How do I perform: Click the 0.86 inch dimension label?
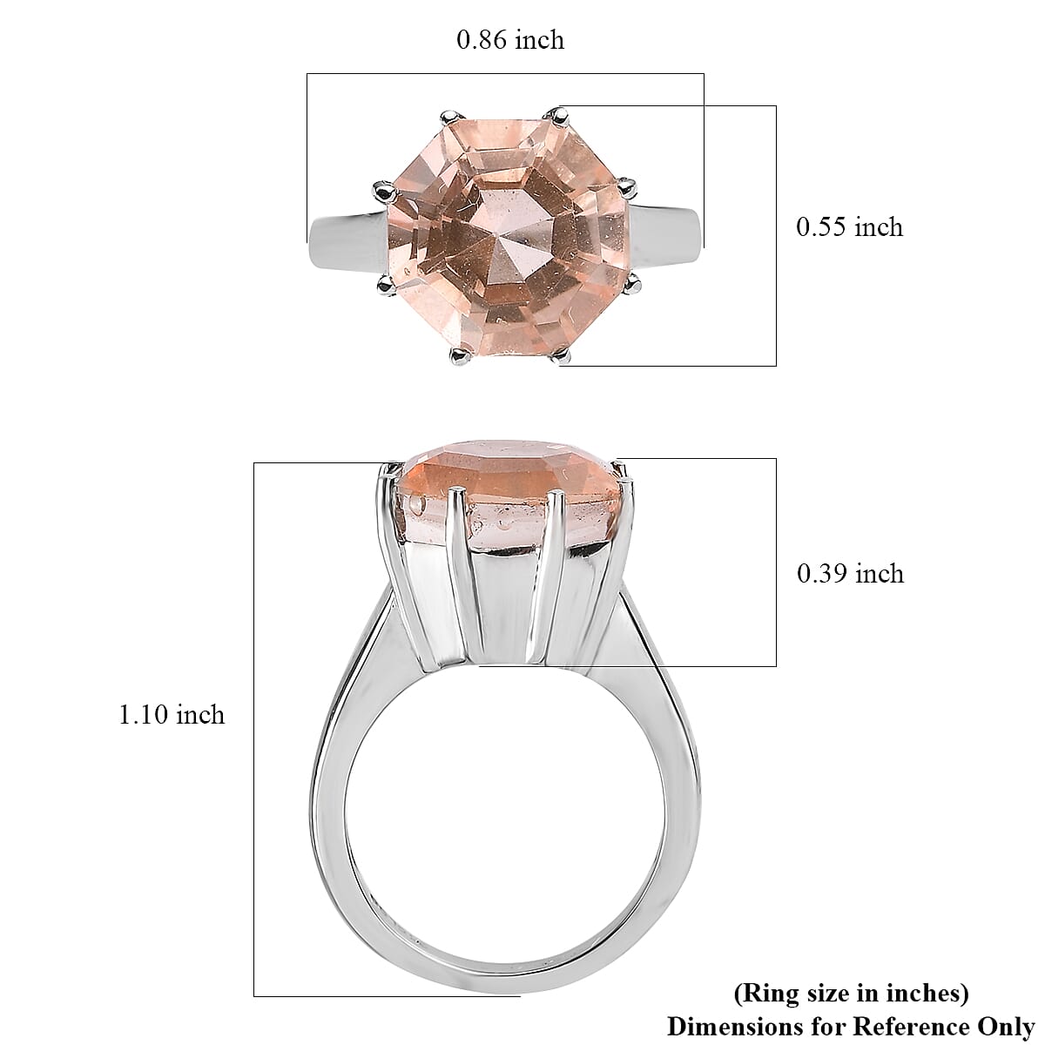click(x=509, y=39)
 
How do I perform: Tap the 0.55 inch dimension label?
click(x=849, y=226)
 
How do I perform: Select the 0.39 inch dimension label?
click(x=850, y=574)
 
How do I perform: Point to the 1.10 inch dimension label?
click(x=172, y=715)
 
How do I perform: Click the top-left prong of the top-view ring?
click(x=451, y=118)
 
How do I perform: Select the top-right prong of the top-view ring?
click(x=558, y=115)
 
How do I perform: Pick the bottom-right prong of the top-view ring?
click(x=561, y=354)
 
